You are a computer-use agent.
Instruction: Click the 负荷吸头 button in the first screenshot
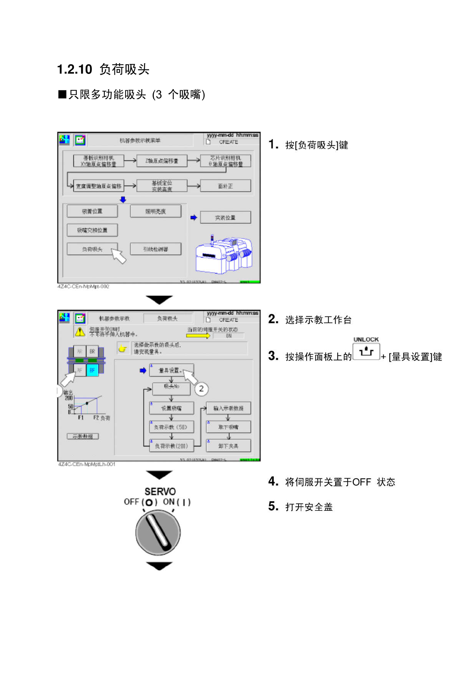pyautogui.click(x=92, y=249)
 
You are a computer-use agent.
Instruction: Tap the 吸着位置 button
pyautogui.click(x=92, y=211)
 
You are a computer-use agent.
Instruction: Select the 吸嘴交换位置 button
pyautogui.click(x=92, y=230)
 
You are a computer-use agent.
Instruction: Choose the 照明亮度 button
pyautogui.click(x=155, y=211)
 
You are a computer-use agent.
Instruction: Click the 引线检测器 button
pyautogui.click(x=155, y=249)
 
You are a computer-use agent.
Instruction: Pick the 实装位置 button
pyautogui.click(x=225, y=217)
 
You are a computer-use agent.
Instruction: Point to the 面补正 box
pyautogui.click(x=225, y=186)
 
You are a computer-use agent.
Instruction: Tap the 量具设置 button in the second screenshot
pyautogui.click(x=171, y=370)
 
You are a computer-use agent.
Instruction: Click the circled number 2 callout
pyautogui.click(x=201, y=388)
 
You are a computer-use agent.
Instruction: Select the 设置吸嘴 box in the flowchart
pyautogui.click(x=171, y=408)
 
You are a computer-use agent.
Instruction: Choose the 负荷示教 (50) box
pyautogui.click(x=171, y=427)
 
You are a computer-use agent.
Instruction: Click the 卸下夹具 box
pyautogui.click(x=228, y=446)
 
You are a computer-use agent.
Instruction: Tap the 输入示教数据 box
pyautogui.click(x=228, y=408)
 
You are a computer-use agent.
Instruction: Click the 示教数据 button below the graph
pyautogui.click(x=83, y=436)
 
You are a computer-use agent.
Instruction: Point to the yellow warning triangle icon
pyautogui.click(x=80, y=332)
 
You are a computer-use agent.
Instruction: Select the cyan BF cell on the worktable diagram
pyautogui.click(x=92, y=370)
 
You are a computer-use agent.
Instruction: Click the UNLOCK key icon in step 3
pyautogui.click(x=366, y=352)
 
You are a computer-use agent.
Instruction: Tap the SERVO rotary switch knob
pyautogui.click(x=158, y=532)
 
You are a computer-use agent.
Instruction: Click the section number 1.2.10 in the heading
pyautogui.click(x=75, y=70)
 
